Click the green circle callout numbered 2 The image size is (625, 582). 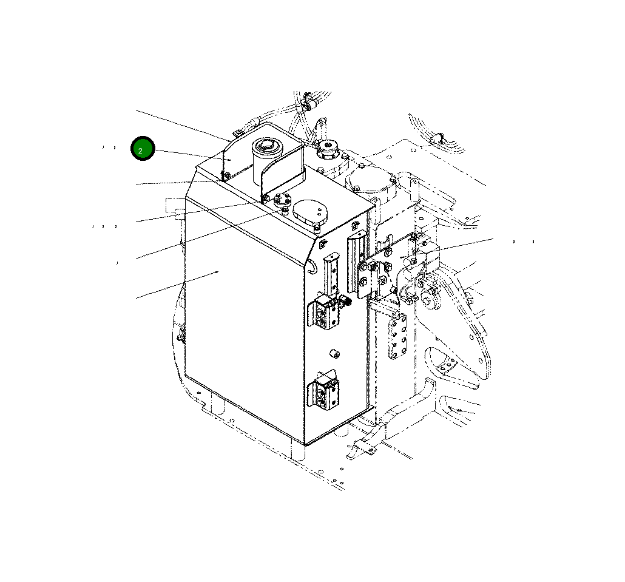(143, 149)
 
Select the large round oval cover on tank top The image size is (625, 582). (310, 212)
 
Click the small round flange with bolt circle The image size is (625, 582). (282, 199)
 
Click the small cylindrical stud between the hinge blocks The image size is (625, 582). (333, 353)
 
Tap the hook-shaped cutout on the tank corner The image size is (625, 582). (311, 265)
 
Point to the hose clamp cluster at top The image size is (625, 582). (307, 103)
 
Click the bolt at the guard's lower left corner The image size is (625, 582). (225, 176)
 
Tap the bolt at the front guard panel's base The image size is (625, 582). (266, 198)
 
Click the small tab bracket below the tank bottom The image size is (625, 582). (360, 449)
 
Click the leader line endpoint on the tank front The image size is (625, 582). (218, 272)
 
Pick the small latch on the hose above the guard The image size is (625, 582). (238, 132)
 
